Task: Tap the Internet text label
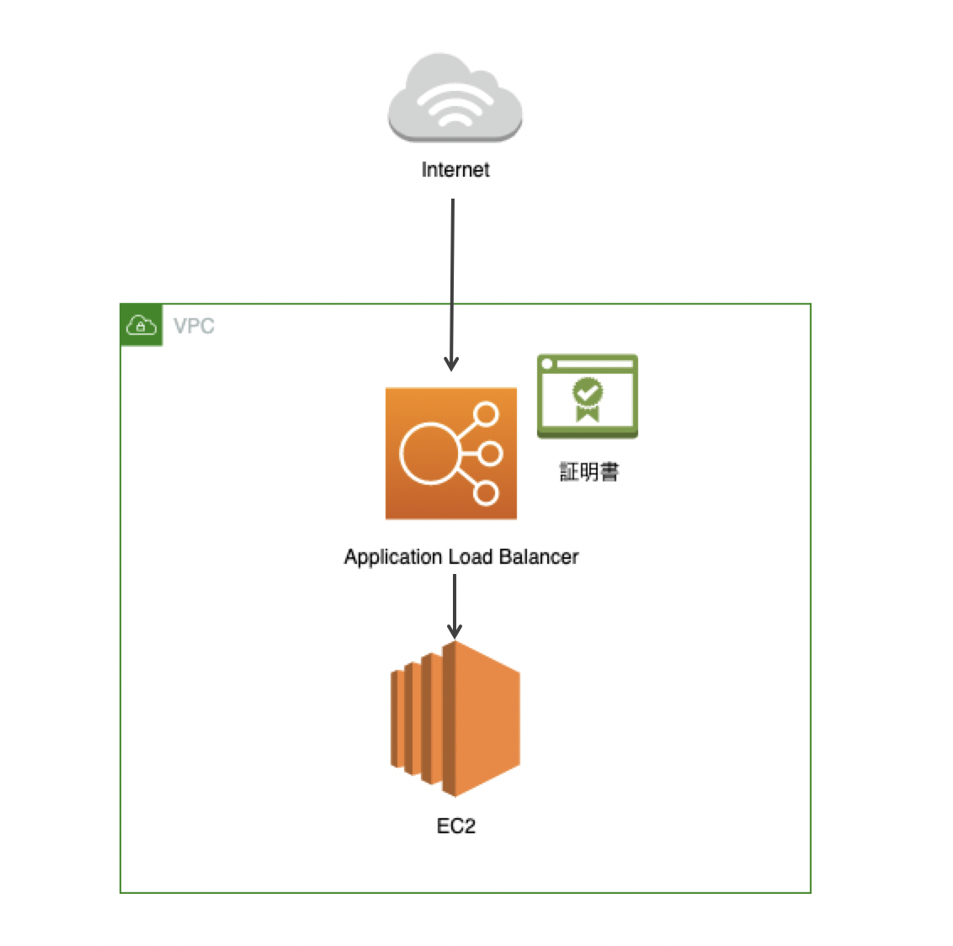point(455,170)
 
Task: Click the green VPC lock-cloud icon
point(141,326)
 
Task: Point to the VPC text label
point(194,327)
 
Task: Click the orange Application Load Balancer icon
point(451,454)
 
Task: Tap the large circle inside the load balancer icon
point(429,454)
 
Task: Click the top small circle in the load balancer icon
point(487,415)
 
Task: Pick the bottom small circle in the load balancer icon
point(487,492)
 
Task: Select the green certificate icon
point(588,396)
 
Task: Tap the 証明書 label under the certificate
point(589,471)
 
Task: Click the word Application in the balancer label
point(393,557)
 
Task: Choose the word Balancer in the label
point(539,557)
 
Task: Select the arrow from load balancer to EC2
point(455,602)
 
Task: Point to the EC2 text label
point(456,826)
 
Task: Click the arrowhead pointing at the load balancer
point(452,364)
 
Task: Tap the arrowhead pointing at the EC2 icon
point(455,631)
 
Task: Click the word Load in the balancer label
point(471,557)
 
